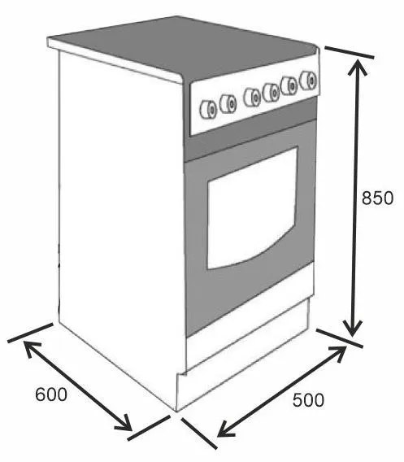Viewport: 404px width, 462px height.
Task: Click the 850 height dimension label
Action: [x=377, y=198]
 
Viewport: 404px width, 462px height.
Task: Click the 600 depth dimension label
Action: [x=51, y=394]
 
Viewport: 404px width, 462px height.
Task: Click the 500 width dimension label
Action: [x=308, y=400]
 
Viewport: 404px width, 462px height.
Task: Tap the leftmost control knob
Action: [x=208, y=110]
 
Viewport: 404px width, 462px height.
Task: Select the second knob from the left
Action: [x=228, y=104]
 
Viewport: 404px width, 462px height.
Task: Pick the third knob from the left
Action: [x=252, y=98]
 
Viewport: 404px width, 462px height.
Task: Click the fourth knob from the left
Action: [x=271, y=93]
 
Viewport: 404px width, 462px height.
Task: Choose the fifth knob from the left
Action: [x=289, y=86]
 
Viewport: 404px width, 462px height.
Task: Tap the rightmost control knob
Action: [x=308, y=81]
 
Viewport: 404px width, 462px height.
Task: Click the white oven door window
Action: [x=252, y=208]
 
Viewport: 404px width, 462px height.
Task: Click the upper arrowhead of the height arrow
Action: [x=358, y=67]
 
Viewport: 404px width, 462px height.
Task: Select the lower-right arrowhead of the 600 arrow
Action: [x=124, y=423]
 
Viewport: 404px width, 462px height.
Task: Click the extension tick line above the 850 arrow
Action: [x=350, y=52]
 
